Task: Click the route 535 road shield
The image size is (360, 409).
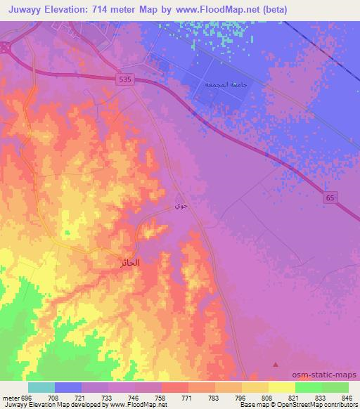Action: tap(124, 81)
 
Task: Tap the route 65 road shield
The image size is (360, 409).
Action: tap(330, 198)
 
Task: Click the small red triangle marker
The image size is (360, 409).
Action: tap(276, 364)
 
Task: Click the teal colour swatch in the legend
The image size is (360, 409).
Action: tap(41, 387)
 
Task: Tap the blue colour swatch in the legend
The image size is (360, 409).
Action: tap(67, 387)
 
